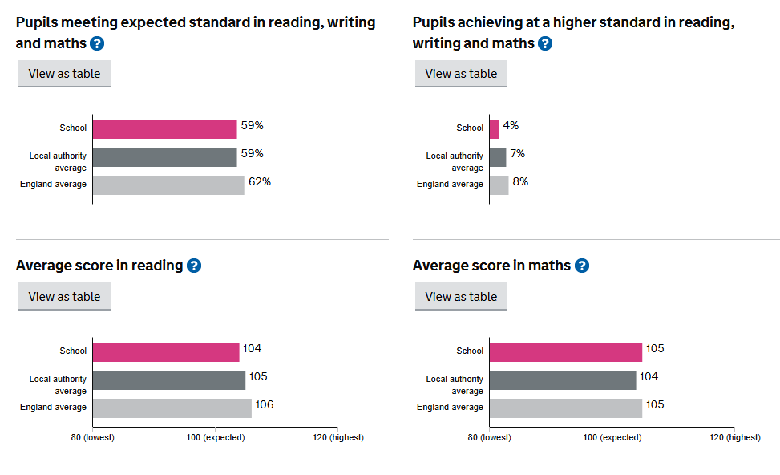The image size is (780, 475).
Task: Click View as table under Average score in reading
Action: (x=64, y=296)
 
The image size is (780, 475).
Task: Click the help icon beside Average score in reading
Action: (x=194, y=266)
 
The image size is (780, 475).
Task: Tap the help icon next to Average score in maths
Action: (x=582, y=266)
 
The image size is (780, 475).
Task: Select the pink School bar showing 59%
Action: (x=164, y=128)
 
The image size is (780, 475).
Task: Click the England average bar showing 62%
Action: (x=168, y=185)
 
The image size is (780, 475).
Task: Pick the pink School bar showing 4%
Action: (x=494, y=128)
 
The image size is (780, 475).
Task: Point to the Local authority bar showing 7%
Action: (x=498, y=156)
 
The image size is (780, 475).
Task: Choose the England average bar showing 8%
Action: (x=499, y=185)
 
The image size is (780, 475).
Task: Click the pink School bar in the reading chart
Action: (x=165, y=351)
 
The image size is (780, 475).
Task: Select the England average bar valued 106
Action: (x=172, y=408)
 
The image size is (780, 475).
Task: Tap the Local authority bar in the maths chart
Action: (x=562, y=380)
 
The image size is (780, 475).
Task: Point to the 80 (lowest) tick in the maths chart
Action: (x=488, y=437)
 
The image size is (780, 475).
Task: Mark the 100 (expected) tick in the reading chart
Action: (x=215, y=437)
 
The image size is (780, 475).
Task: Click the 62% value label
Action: (x=260, y=182)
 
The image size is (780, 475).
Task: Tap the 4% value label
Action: (x=511, y=126)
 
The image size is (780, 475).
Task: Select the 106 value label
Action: (x=265, y=405)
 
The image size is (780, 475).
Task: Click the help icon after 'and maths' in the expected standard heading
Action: (x=98, y=43)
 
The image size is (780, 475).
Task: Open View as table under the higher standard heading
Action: (x=461, y=73)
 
